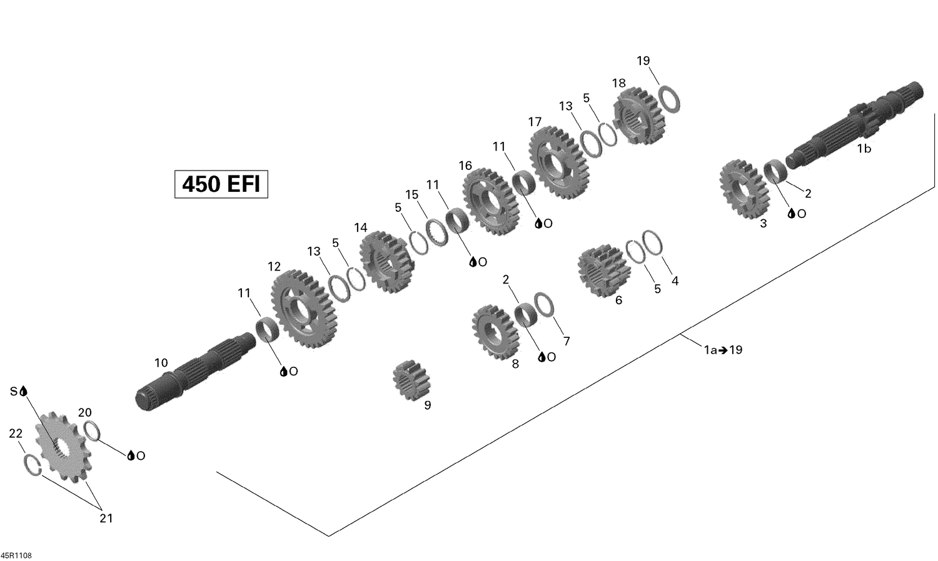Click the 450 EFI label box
pyautogui.click(x=221, y=184)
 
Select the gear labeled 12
pyautogui.click(x=305, y=309)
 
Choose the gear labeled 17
pyautogui.click(x=558, y=162)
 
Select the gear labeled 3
pyautogui.click(x=744, y=189)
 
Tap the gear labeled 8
pyautogui.click(x=496, y=330)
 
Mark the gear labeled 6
pyautogui.click(x=602, y=272)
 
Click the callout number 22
pyautogui.click(x=16, y=434)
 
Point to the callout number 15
pyautogui.click(x=411, y=195)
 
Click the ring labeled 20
pyautogui.click(x=91, y=430)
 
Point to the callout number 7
pyautogui.click(x=567, y=341)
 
